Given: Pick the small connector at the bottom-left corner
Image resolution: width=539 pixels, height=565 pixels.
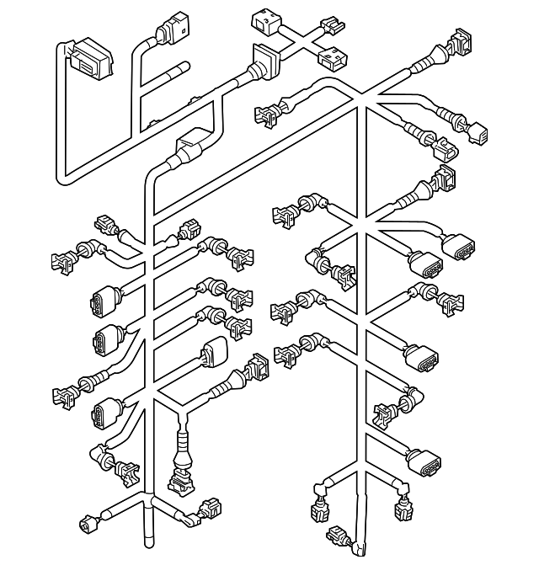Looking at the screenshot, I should click(87, 526).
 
